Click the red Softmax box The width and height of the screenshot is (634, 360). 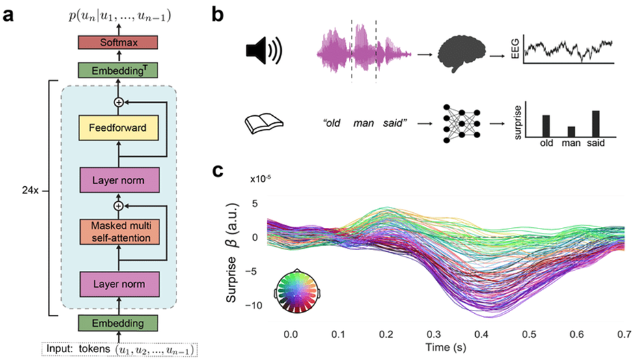coord(118,42)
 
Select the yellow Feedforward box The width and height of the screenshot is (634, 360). coord(118,128)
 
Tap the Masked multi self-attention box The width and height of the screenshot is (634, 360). coord(119,232)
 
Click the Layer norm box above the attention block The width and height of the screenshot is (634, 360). coord(119,180)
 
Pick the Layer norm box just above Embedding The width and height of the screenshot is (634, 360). coord(119,284)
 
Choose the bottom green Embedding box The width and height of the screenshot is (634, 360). coord(118,323)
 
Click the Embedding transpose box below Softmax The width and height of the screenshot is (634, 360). coord(118,70)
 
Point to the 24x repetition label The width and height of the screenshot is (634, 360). coord(31,190)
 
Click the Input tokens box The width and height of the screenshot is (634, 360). coord(120,350)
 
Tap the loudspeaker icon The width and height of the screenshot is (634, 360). coord(264,51)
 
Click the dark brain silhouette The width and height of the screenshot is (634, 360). coord(462,54)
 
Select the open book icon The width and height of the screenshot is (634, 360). coord(264,124)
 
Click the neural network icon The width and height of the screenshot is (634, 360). coord(462,124)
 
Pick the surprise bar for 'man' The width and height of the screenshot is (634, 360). coord(571,132)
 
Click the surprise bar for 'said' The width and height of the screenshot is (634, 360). coord(596,124)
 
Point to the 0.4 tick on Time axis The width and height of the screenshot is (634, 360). coord(481,334)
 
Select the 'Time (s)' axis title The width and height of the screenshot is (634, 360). coord(446,347)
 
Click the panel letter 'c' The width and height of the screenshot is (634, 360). coord(218,171)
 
